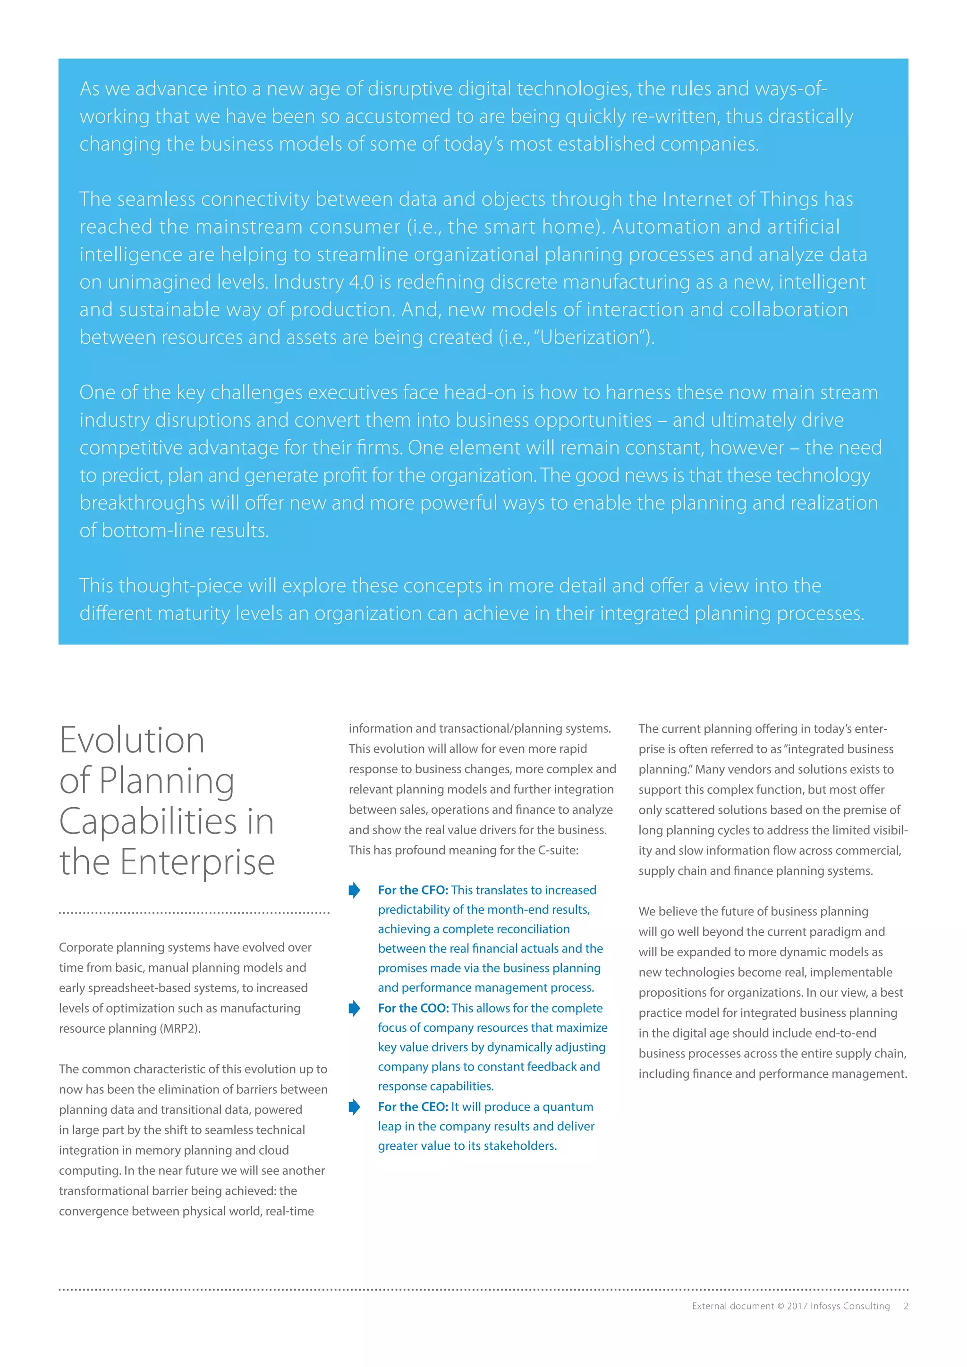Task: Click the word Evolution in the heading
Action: [x=132, y=741]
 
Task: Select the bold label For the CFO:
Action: [x=413, y=890]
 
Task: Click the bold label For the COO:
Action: [x=413, y=1008]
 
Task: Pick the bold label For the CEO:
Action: [x=413, y=1107]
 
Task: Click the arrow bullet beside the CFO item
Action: [x=354, y=890]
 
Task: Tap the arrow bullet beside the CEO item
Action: [x=354, y=1107]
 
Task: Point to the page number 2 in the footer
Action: [x=906, y=1306]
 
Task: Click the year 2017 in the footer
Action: [x=797, y=1306]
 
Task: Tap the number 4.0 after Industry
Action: [x=361, y=282]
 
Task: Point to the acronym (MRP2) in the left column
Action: [x=180, y=1029]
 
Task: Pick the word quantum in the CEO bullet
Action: [x=568, y=1107]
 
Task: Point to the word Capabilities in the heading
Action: [x=148, y=822]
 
